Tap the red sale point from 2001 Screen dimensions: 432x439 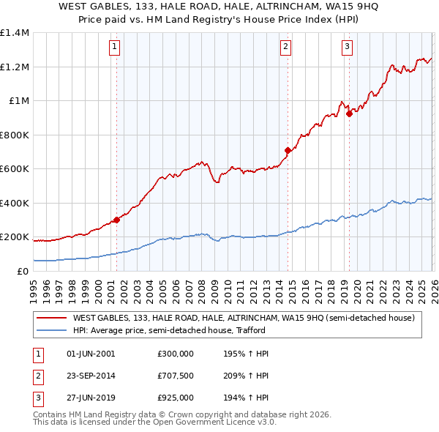click(116, 220)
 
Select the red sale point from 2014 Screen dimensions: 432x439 click(288, 151)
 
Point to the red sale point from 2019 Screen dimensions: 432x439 click(349, 113)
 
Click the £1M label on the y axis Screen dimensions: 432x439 click(18, 101)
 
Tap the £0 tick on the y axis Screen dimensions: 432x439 click(22, 272)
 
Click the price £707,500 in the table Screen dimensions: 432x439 click(176, 376)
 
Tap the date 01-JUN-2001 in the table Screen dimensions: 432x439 click(91, 354)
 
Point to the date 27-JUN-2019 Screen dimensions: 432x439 click(91, 399)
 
